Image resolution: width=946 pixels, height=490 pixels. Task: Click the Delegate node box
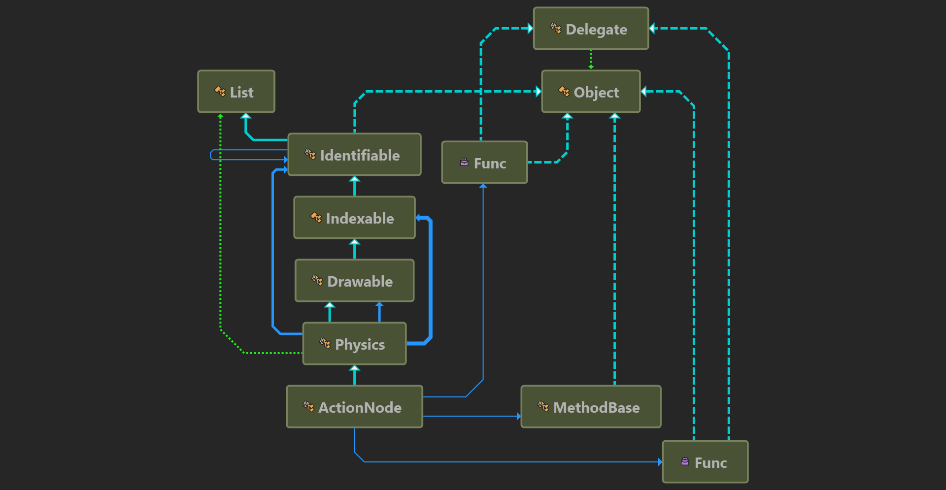(591, 29)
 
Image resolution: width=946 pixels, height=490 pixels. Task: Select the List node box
(236, 92)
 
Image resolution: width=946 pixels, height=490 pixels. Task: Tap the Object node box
(591, 92)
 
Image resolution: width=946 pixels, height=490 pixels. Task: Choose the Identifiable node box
(354, 155)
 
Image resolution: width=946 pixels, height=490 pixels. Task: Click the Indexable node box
(354, 218)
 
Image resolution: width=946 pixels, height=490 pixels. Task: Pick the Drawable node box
(354, 281)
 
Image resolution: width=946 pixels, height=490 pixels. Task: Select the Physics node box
(354, 344)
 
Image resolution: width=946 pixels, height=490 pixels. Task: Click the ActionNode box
(354, 407)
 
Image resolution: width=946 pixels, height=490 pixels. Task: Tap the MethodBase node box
(591, 407)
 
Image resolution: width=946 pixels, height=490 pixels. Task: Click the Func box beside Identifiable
(484, 163)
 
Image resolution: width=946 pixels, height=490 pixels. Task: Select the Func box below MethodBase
(705, 462)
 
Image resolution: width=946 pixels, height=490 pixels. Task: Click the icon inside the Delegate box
(556, 29)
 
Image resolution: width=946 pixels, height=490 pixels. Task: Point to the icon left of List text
(220, 91)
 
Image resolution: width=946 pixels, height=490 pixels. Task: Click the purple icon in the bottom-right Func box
(685, 461)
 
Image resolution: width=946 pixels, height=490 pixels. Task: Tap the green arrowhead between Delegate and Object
(591, 67)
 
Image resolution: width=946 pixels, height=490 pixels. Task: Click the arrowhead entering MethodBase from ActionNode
(519, 416)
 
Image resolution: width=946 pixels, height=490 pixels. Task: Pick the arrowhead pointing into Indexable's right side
(419, 218)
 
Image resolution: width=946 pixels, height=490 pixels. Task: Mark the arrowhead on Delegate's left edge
(531, 29)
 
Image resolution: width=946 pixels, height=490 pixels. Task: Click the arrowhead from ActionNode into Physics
(354, 368)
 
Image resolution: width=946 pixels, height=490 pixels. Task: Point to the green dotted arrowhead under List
(220, 116)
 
